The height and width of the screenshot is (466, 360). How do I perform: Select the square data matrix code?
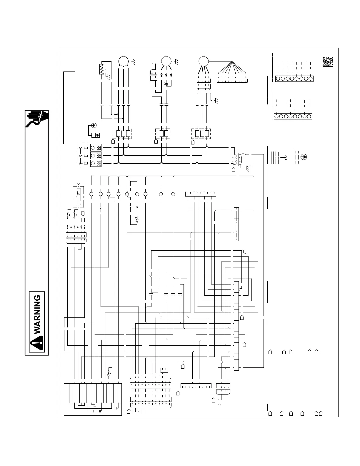click(328, 61)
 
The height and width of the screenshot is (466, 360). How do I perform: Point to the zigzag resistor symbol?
click(102, 69)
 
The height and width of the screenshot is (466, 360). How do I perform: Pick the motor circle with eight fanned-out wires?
click(203, 61)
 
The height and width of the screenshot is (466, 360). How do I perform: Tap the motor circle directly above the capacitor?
click(166, 61)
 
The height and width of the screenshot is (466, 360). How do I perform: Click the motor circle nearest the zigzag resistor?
click(123, 61)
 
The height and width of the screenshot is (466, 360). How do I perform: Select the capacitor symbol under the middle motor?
click(166, 84)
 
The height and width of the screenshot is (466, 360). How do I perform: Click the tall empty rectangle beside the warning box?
click(69, 108)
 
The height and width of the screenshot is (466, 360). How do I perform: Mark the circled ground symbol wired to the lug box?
click(94, 126)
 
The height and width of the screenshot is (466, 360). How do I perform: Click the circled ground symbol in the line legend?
click(304, 157)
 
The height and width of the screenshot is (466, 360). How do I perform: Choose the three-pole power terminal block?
click(96, 156)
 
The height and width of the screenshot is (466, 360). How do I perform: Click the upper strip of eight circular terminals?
click(294, 79)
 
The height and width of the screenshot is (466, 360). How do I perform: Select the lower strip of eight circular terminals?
click(293, 116)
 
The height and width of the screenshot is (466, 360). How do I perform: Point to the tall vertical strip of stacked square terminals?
click(236, 326)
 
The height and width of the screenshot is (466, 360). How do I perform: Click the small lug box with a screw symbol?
click(96, 135)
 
